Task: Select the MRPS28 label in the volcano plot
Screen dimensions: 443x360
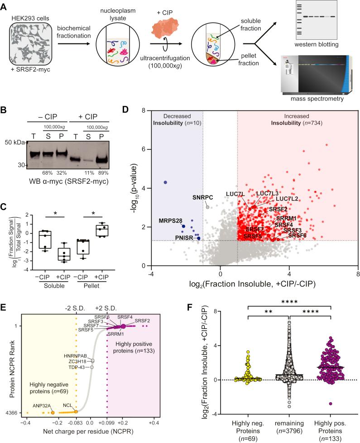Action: pyautogui.click(x=170, y=221)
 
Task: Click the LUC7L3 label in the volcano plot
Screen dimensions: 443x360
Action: pyautogui.click(x=268, y=193)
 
